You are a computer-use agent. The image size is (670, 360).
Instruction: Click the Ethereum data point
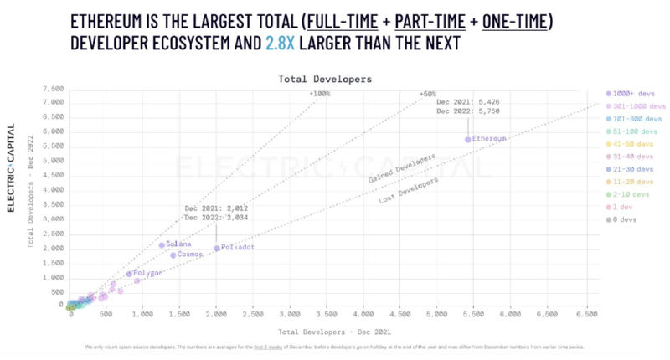(x=468, y=139)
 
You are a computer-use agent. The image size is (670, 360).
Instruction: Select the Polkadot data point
(x=216, y=249)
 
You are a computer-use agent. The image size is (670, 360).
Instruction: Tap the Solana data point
(x=162, y=244)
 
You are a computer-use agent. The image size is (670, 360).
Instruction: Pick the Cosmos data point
(x=173, y=255)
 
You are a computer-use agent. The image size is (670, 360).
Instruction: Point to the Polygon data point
(x=129, y=274)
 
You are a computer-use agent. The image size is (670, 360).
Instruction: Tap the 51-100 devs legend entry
(x=633, y=131)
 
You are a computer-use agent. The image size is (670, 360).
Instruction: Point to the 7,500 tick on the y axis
(x=52, y=88)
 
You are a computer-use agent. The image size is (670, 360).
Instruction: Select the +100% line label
(x=320, y=94)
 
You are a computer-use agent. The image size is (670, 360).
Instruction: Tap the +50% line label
(x=427, y=94)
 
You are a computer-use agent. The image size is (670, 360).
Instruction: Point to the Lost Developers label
(x=398, y=189)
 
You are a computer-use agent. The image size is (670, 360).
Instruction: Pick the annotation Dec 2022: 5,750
(x=467, y=111)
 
